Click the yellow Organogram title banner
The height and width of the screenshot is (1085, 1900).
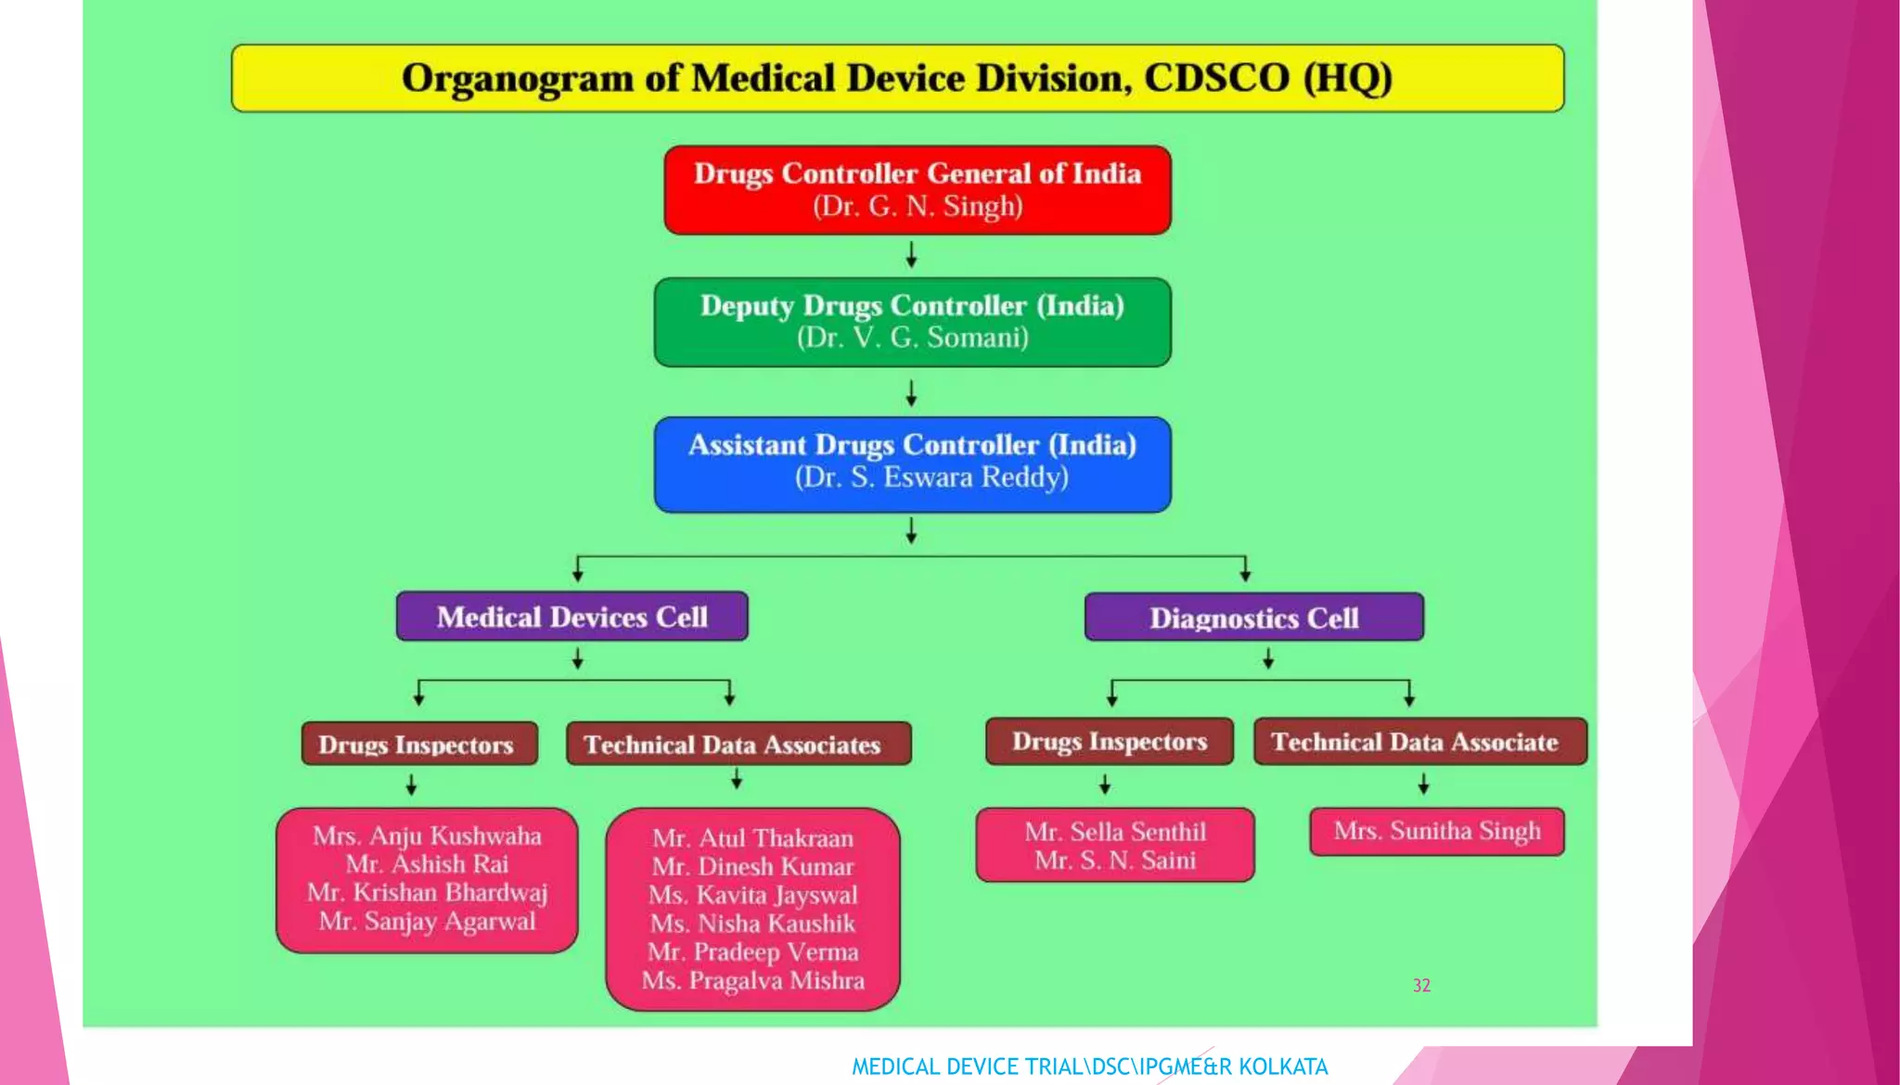coord(897,78)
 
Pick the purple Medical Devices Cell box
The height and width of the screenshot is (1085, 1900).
coord(571,617)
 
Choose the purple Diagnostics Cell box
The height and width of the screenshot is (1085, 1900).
coord(1253,618)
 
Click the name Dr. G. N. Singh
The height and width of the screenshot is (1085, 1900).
coord(918,206)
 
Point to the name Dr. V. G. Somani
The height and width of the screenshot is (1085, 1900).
coord(912,338)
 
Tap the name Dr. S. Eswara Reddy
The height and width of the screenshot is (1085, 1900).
coord(931,478)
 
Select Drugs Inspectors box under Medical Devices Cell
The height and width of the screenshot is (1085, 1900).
coord(418,745)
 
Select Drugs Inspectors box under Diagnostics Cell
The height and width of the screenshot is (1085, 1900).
coord(1109,742)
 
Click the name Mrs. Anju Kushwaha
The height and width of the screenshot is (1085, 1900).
coord(427,836)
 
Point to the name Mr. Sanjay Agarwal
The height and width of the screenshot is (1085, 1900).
coord(427,922)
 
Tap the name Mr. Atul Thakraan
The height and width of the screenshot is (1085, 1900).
coord(752,838)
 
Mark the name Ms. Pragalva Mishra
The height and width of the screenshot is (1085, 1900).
coord(752,981)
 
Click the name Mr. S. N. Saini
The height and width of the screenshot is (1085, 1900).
coord(1115,861)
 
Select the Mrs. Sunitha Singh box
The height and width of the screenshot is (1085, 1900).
coord(1436,831)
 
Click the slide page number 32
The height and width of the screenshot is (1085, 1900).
coord(1421,986)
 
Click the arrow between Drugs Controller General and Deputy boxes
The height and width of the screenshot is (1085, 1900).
coord(911,255)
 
